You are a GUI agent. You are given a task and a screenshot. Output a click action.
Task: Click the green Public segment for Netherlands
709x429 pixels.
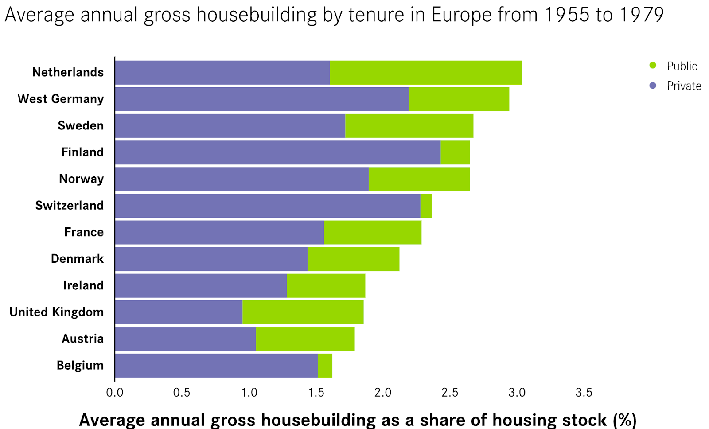(x=425, y=73)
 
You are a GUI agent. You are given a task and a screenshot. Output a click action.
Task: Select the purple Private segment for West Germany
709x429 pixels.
(x=261, y=99)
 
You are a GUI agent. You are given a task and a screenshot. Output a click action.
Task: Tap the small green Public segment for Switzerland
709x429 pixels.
(x=426, y=206)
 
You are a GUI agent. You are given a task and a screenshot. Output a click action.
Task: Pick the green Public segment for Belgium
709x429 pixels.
(x=325, y=366)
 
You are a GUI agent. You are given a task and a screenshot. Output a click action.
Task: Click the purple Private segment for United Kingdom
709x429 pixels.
(x=179, y=312)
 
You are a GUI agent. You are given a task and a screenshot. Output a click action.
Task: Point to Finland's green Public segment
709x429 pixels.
(x=455, y=152)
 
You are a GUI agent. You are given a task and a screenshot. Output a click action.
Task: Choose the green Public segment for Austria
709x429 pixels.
(x=305, y=339)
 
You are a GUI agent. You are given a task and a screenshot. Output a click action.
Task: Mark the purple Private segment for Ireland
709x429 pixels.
(x=201, y=286)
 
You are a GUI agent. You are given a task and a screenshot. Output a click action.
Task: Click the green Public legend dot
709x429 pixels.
(x=653, y=66)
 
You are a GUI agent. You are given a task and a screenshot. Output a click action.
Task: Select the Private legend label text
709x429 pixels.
(x=684, y=86)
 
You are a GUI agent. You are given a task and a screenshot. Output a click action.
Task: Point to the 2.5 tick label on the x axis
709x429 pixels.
(x=450, y=393)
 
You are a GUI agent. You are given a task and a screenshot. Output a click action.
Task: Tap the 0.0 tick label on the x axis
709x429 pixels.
(x=115, y=393)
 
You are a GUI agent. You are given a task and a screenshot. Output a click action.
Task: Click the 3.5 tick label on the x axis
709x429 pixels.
(x=584, y=393)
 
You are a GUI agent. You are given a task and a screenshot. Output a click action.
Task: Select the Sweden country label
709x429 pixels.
(x=81, y=126)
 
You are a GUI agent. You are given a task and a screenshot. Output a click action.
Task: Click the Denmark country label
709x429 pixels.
(x=77, y=259)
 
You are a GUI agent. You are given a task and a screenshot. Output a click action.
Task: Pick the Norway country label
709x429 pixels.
(x=81, y=179)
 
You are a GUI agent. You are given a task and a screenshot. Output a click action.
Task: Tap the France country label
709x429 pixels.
(x=84, y=232)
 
